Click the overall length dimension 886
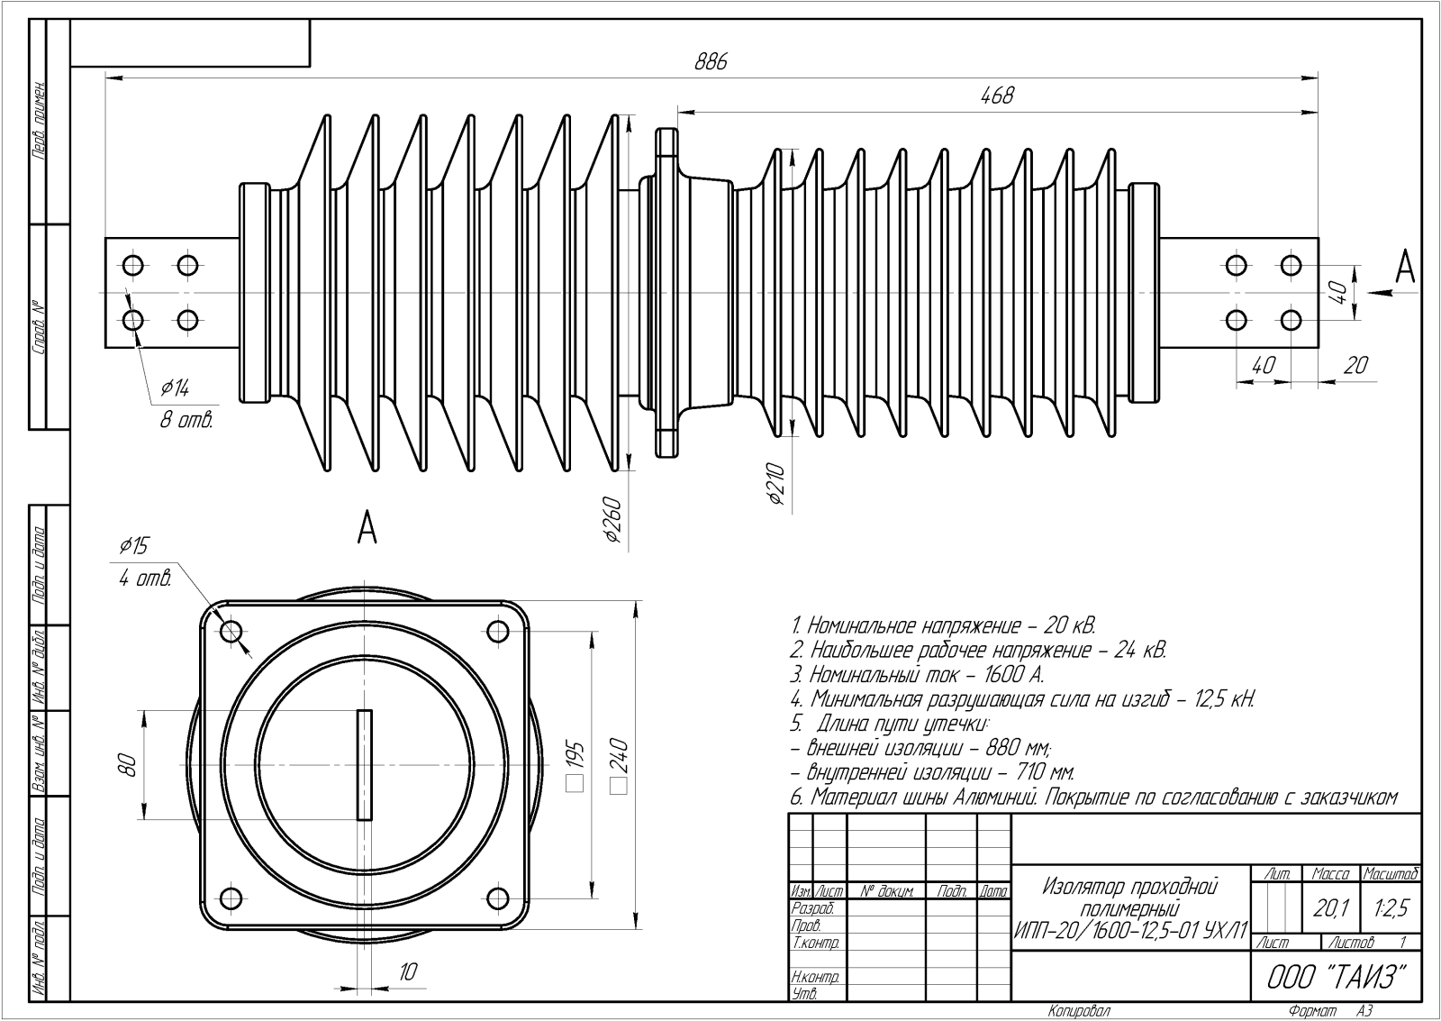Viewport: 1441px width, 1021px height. point(711,62)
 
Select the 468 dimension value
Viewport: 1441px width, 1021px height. point(997,96)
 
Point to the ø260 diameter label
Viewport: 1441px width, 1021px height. point(615,520)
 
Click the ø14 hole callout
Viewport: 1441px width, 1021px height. point(175,388)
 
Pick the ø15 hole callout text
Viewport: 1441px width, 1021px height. point(134,546)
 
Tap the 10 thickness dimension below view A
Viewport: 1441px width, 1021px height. point(408,971)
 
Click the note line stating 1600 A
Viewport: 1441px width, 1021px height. point(916,674)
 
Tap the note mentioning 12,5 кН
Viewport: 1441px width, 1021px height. point(1021,699)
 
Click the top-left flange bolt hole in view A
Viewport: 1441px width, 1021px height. point(231,629)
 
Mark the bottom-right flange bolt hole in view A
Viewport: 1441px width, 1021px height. point(498,898)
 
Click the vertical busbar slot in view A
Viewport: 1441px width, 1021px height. point(365,765)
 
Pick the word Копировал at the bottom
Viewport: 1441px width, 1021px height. point(1079,1012)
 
